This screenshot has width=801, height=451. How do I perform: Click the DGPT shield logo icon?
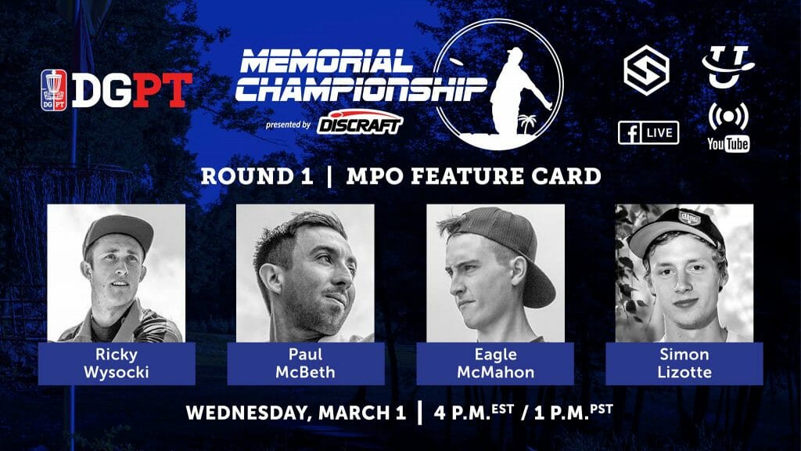(x=54, y=90)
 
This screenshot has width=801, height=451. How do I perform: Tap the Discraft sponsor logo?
(x=360, y=122)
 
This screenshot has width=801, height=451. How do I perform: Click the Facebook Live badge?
(x=648, y=133)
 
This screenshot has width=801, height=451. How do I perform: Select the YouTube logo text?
(x=728, y=144)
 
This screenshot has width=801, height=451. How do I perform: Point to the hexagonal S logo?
(x=646, y=70)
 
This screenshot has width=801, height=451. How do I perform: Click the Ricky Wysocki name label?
(x=117, y=363)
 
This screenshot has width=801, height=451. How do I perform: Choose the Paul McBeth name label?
(x=306, y=363)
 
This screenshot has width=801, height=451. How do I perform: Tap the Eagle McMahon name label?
(x=495, y=363)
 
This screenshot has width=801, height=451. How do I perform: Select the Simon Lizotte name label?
(x=684, y=363)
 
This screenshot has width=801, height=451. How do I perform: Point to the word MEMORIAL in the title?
(x=326, y=61)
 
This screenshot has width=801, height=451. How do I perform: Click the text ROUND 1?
(x=257, y=176)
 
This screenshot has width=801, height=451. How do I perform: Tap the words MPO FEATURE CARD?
(x=473, y=176)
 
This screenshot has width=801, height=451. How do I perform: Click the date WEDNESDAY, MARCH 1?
(x=296, y=413)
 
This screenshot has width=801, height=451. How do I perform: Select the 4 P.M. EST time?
(x=473, y=412)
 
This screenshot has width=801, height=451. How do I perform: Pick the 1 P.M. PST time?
(x=573, y=412)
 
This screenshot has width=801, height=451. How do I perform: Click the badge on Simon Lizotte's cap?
(x=689, y=218)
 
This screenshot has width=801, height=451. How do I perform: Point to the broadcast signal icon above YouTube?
(x=728, y=117)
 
